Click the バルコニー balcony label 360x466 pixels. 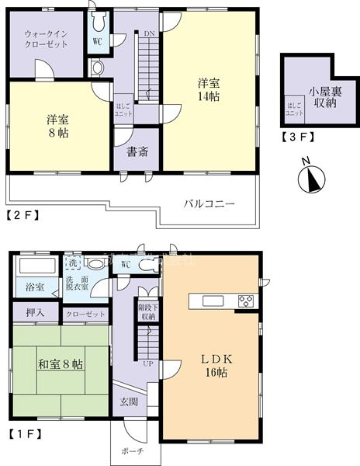pos(209,203)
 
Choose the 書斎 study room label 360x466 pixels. pos(138,152)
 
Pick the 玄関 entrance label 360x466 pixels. pos(130,402)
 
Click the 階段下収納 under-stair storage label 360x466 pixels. pos(147,311)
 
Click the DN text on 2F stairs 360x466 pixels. pos(148,33)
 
